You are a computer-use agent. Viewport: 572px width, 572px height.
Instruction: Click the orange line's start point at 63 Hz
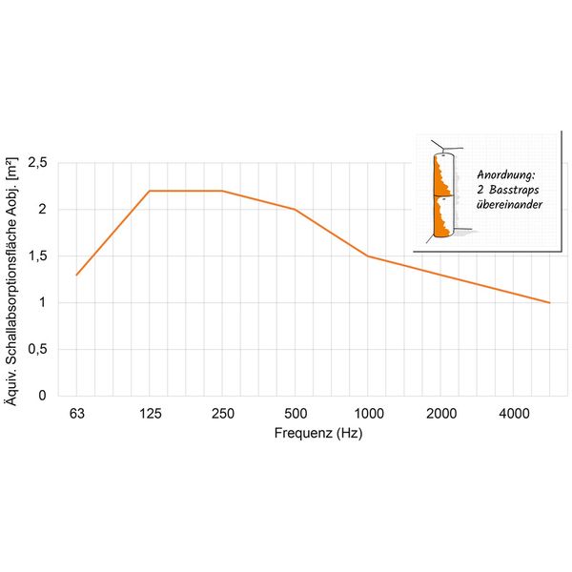pyautogui.click(x=76, y=275)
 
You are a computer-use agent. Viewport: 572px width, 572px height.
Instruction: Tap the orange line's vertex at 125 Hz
pyautogui.click(x=150, y=191)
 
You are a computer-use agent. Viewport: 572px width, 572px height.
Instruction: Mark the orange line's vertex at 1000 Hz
pyautogui.click(x=368, y=255)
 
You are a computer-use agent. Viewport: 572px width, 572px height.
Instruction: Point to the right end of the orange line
pyautogui.click(x=550, y=302)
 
